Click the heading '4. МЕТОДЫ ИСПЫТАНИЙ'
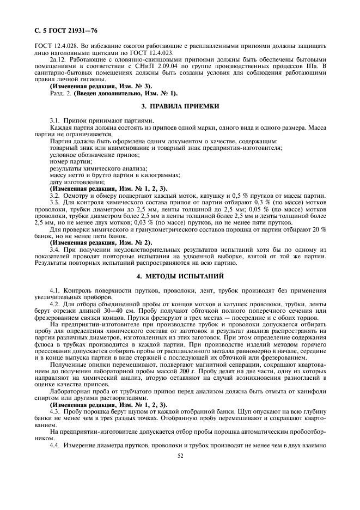pyautogui.click(x=180, y=277)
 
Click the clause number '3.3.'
pyautogui.click(x=56, y=202)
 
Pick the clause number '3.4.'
pyautogui.click(x=56, y=249)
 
